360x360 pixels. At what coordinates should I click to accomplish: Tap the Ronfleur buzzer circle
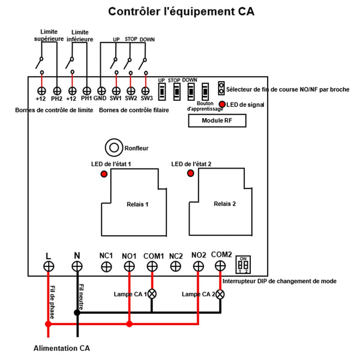point(113,148)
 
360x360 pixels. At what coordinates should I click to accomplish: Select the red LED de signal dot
point(223,105)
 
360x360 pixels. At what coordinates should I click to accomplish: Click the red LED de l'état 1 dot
point(104,174)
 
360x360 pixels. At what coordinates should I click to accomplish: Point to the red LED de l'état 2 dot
point(191,173)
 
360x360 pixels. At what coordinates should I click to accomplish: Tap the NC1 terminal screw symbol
point(106,266)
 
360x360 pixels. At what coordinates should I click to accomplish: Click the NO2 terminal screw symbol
point(199,266)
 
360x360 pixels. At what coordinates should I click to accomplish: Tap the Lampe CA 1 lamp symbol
point(152,294)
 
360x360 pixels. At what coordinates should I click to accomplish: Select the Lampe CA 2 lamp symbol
point(221,294)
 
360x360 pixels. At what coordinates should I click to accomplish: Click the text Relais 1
point(137,205)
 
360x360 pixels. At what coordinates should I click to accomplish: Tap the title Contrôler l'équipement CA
point(181,11)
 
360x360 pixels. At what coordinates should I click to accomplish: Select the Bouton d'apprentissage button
point(205,92)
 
